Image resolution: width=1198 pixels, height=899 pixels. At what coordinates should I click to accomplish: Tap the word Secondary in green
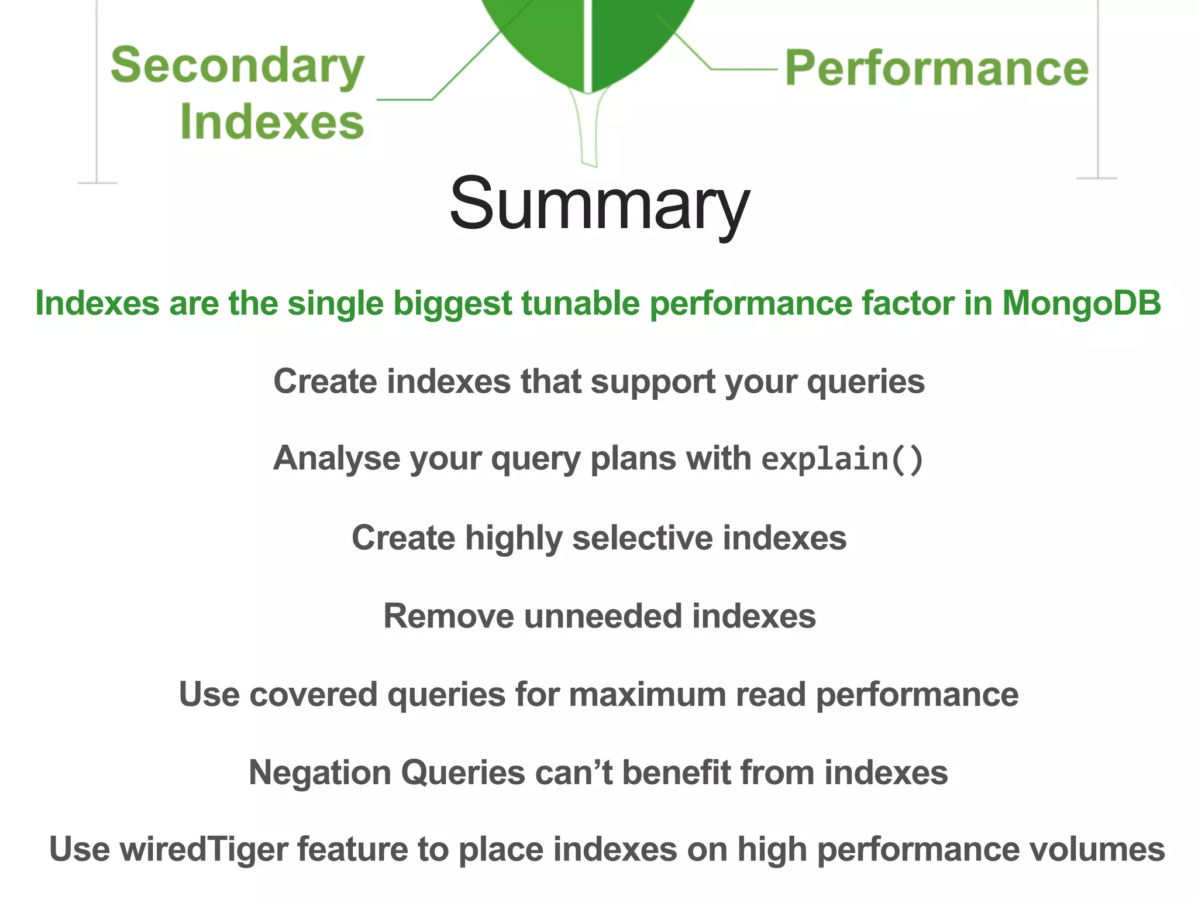click(x=237, y=66)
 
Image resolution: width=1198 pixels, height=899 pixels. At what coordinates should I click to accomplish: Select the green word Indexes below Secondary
click(x=272, y=122)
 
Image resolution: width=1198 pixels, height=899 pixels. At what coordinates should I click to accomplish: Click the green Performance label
click(x=936, y=68)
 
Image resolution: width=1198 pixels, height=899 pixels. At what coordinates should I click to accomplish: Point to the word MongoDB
click(x=1081, y=303)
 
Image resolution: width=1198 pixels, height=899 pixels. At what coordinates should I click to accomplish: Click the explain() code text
click(x=842, y=458)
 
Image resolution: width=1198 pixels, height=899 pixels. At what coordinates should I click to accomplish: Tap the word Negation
click(x=319, y=772)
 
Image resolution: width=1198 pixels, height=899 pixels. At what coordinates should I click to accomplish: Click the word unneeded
click(x=603, y=616)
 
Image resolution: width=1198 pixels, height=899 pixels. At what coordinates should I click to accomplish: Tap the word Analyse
click(x=336, y=458)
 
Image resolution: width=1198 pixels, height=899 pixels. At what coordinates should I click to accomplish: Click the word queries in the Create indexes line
click(x=865, y=382)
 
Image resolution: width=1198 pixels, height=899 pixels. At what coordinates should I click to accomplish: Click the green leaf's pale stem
click(x=589, y=132)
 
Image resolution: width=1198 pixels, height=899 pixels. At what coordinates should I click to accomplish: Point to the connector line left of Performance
click(x=743, y=69)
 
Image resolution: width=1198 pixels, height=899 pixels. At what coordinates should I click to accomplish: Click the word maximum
click(x=647, y=695)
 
